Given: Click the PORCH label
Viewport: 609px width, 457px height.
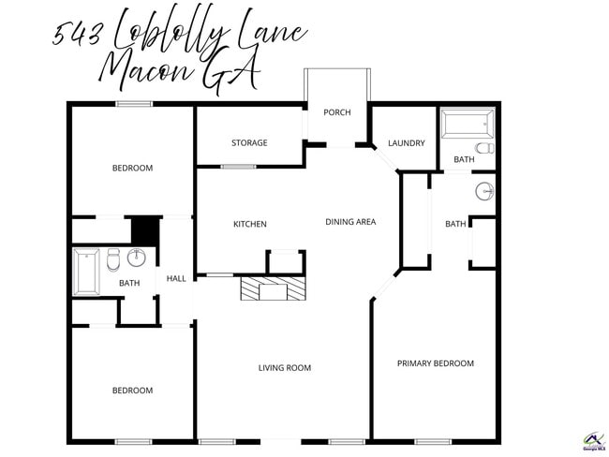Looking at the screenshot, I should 336,112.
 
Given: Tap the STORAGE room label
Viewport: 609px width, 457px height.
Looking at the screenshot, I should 249,143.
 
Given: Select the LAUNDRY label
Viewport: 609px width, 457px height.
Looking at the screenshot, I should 407,143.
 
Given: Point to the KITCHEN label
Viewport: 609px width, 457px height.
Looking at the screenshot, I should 250,224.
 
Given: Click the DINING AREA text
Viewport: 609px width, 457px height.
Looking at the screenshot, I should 350,222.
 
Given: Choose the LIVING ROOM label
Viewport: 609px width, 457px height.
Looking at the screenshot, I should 284,368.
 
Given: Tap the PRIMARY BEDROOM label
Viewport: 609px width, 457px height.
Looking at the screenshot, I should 435,363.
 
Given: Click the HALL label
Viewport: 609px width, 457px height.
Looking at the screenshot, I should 176,279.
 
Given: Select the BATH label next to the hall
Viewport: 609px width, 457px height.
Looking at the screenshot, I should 129,284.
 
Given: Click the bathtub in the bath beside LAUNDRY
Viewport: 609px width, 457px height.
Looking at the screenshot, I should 467,124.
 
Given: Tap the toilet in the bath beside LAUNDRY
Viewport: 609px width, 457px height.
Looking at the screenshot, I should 483,148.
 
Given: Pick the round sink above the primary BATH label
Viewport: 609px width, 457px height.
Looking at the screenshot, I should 483,192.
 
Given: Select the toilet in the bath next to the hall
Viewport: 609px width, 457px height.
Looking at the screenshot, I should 113,258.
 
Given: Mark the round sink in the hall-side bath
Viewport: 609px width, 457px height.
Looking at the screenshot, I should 138,258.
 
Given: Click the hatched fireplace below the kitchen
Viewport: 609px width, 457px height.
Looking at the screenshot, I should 273,288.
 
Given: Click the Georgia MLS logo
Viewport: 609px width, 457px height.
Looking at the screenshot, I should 594,441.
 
